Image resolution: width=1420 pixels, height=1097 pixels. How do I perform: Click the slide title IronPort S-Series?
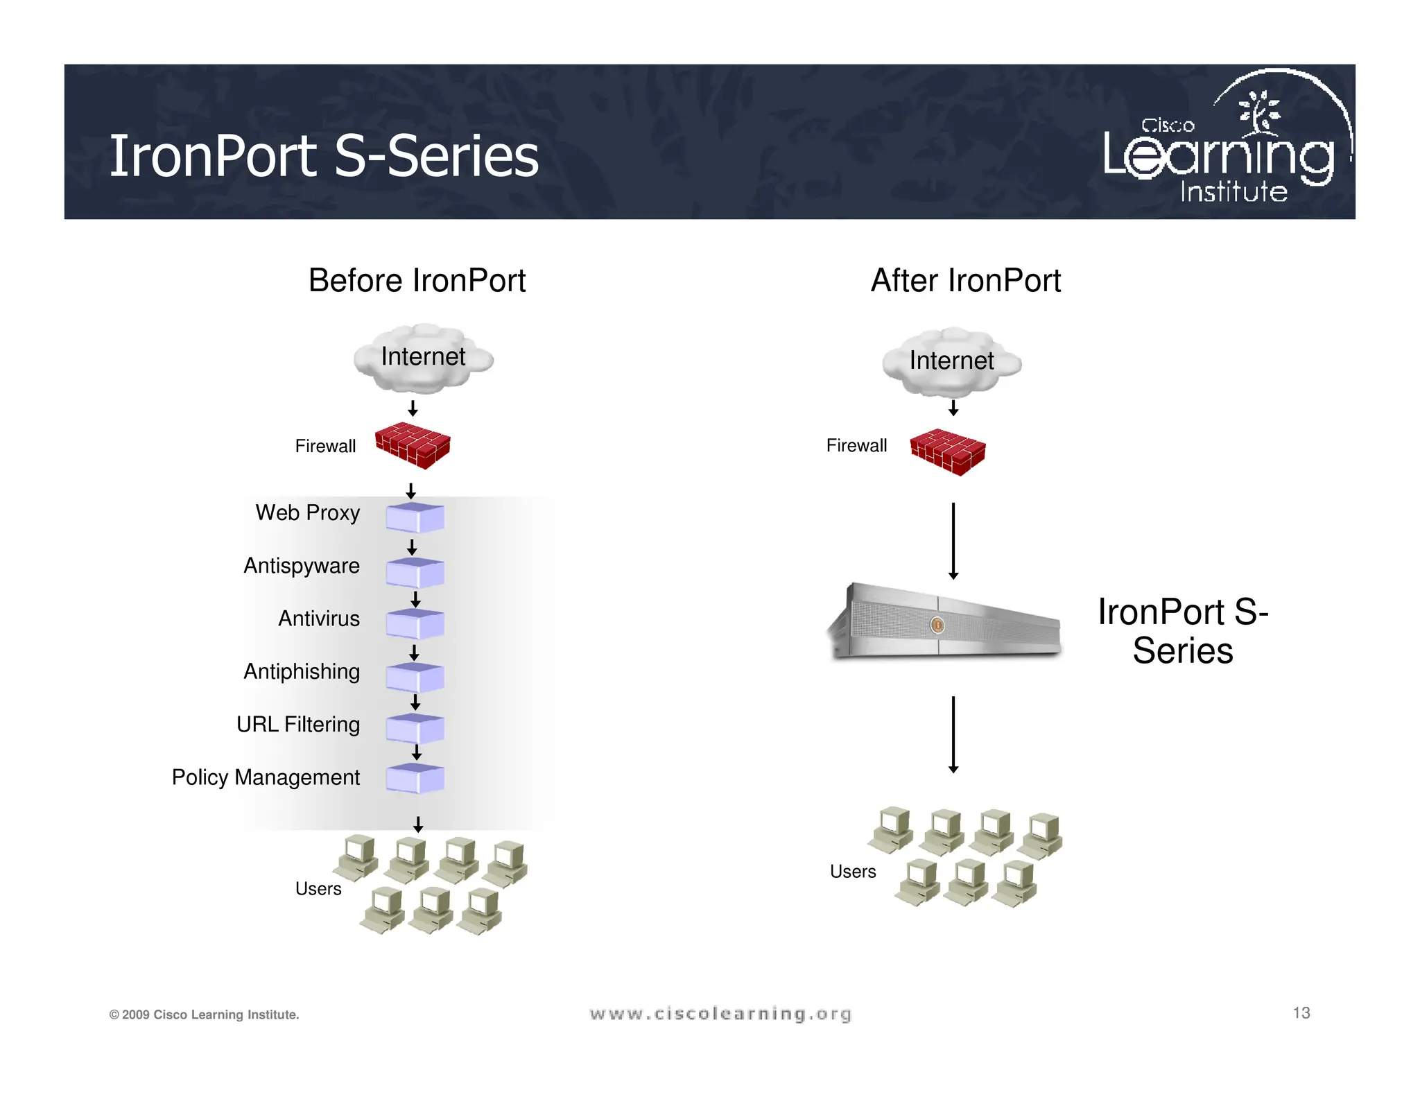(324, 156)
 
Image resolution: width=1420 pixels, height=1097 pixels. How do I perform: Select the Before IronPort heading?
(417, 281)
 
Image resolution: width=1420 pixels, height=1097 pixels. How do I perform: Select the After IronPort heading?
(965, 281)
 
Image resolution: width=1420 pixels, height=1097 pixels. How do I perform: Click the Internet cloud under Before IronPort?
(423, 358)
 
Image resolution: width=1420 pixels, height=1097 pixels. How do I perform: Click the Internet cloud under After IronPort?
(951, 361)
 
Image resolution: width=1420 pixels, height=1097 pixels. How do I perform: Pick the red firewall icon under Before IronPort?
(413, 446)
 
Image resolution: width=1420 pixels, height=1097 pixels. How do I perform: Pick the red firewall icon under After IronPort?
(947, 452)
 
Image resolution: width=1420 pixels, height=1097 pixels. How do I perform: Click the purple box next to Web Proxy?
(415, 517)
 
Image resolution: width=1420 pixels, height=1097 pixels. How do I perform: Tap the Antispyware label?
(301, 566)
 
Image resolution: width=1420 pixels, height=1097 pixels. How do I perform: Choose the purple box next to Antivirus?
(415, 623)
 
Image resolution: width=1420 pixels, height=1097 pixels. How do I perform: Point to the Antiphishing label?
(301, 671)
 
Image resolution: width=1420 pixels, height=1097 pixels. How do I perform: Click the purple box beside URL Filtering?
(415, 729)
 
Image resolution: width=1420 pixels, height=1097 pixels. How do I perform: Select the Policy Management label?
(266, 777)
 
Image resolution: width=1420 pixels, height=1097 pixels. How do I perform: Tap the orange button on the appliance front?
(937, 625)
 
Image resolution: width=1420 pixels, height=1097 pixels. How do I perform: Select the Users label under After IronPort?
(853, 872)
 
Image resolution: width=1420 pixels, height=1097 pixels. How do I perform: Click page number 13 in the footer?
(1301, 1013)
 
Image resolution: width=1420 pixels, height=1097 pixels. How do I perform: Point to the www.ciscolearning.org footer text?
(720, 1014)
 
